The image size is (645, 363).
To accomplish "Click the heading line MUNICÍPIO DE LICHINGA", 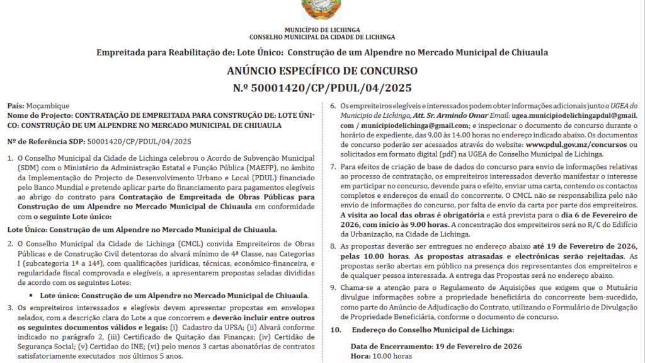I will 322,30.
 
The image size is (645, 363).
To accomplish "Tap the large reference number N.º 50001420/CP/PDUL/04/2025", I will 322,88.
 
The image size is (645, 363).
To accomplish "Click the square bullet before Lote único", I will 31,295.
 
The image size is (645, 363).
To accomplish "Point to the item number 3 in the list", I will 11,307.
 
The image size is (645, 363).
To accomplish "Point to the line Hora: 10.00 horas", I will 381,356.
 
